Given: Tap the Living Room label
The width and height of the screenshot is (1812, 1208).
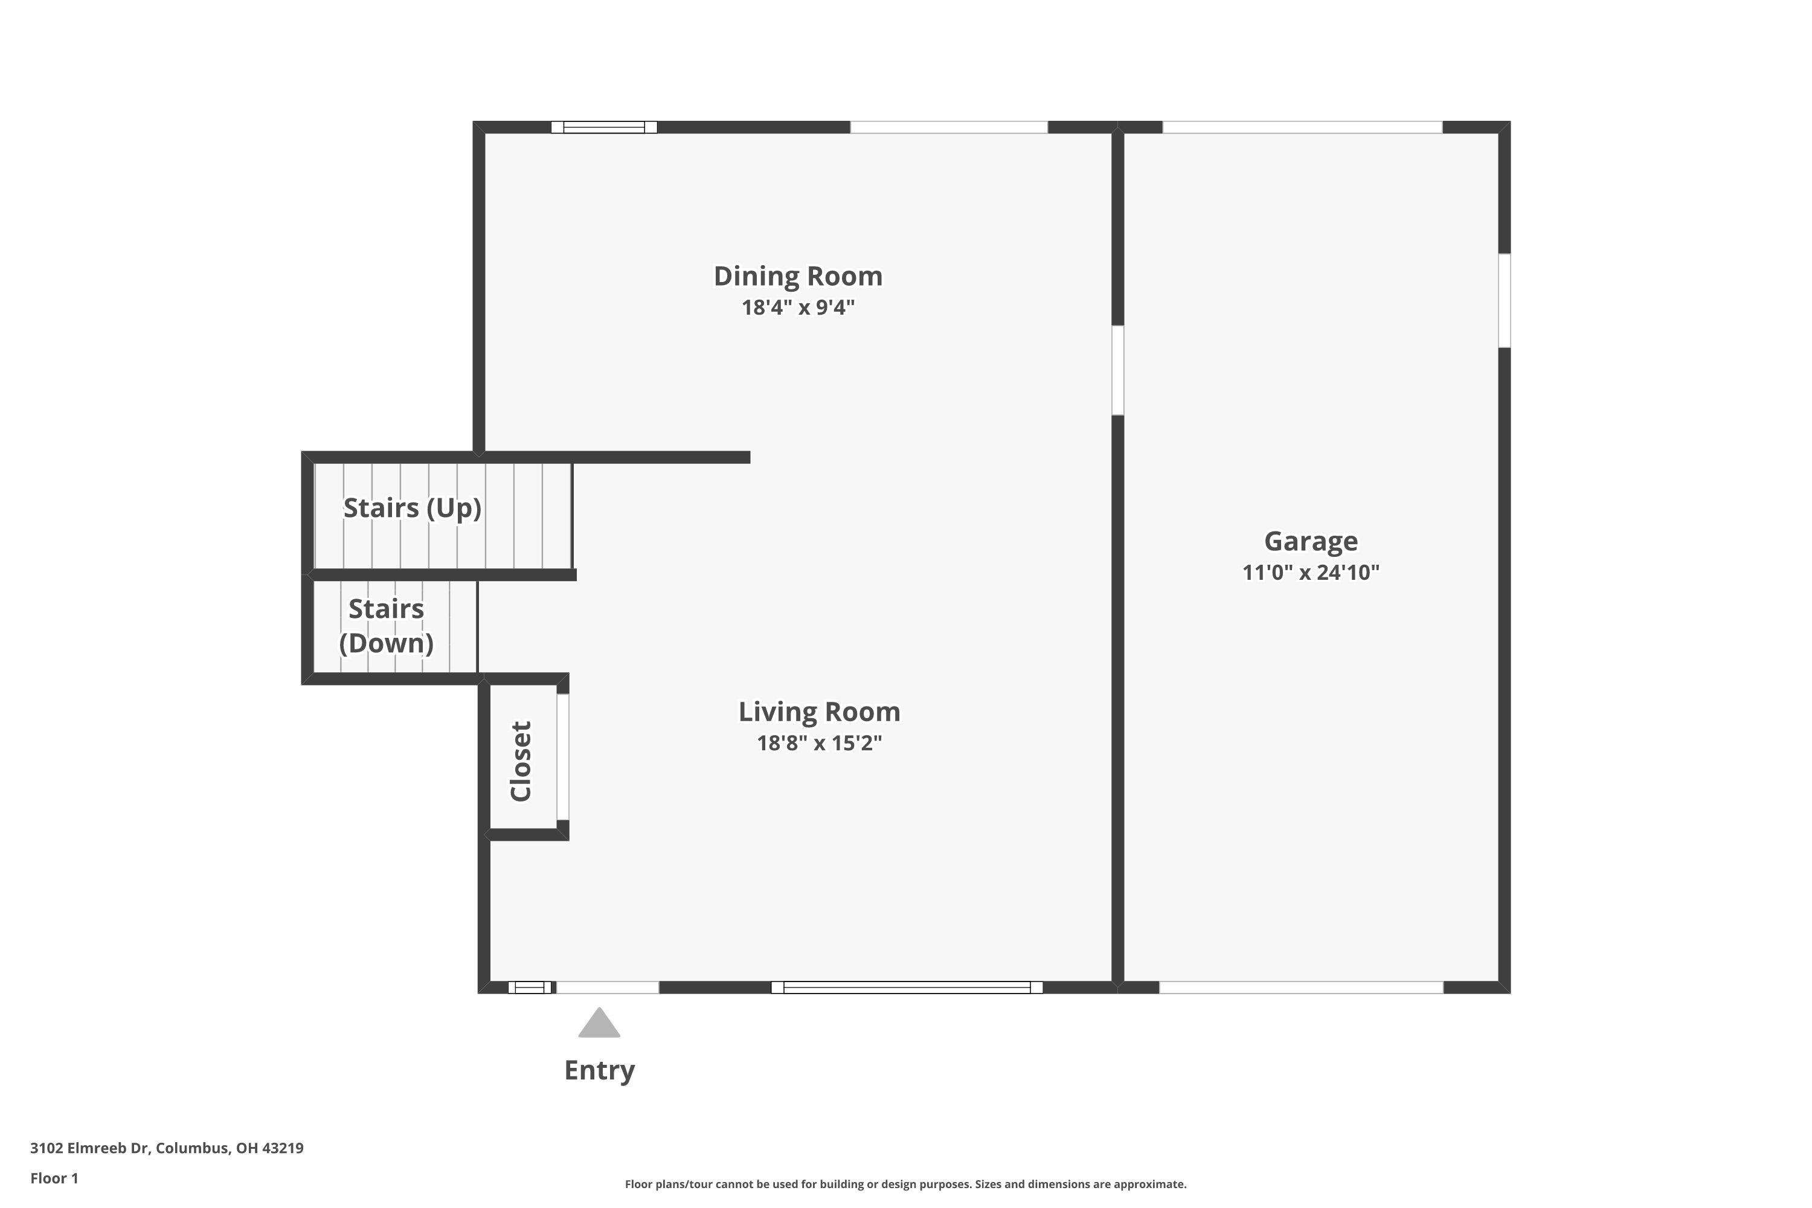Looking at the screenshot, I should pyautogui.click(x=819, y=711).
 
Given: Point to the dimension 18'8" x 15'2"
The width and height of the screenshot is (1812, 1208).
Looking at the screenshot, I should pyautogui.click(x=819, y=743).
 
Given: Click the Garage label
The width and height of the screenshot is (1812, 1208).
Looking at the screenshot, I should pyautogui.click(x=1311, y=541).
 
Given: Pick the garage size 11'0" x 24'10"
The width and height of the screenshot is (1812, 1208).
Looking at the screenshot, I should pyautogui.click(x=1311, y=573).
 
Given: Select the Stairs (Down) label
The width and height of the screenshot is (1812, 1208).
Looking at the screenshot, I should pyautogui.click(x=386, y=626).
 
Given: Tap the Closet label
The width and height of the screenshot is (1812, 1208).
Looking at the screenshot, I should pyautogui.click(x=521, y=760).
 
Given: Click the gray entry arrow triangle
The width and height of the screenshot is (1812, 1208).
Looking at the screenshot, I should pyautogui.click(x=599, y=1024).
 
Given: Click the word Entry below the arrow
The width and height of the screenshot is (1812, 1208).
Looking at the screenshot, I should pyautogui.click(x=599, y=1070).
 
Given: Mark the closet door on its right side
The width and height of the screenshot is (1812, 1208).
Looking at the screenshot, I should pyautogui.click(x=563, y=757).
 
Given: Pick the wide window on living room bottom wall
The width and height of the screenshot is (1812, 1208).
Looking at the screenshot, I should pyautogui.click(x=907, y=987).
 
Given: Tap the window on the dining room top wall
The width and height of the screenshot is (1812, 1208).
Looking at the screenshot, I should pyautogui.click(x=604, y=127).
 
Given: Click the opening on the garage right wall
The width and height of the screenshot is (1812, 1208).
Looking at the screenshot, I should pyautogui.click(x=1504, y=300).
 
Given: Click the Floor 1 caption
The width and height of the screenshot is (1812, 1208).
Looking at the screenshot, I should pyautogui.click(x=54, y=1178).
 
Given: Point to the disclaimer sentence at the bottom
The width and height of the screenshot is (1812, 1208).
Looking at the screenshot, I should pyautogui.click(x=905, y=1184).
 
